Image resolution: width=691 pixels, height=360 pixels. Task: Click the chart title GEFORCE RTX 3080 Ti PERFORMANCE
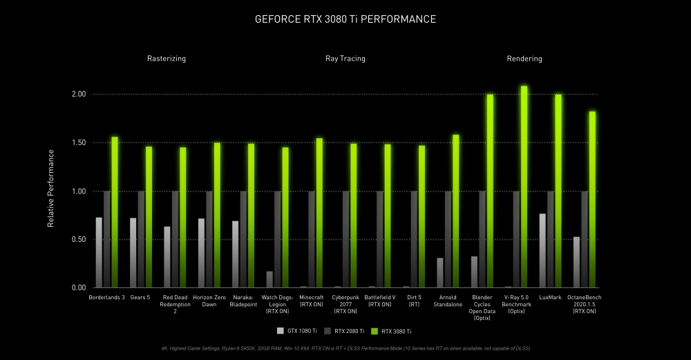(x=345, y=19)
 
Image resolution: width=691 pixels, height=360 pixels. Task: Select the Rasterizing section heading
(x=166, y=59)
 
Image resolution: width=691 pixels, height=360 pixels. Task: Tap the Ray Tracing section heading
(x=345, y=59)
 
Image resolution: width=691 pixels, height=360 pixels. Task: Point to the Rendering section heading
(x=524, y=59)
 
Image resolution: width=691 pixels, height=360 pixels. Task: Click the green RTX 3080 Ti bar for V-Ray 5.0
(x=524, y=187)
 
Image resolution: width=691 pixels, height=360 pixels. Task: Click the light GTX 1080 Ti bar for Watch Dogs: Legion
(x=269, y=279)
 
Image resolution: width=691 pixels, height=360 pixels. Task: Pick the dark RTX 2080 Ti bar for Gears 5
(x=141, y=239)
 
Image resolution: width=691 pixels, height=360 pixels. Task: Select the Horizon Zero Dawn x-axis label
(x=209, y=301)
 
